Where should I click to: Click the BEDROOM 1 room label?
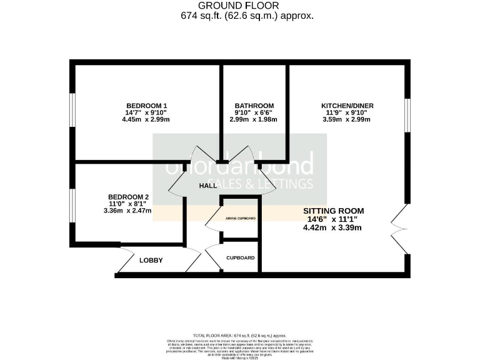pos(147,105)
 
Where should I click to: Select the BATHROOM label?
pos(254,105)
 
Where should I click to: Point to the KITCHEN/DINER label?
pos(347,106)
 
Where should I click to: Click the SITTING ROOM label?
pos(333,211)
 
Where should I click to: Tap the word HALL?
pos(208,186)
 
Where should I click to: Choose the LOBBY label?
pos(151,260)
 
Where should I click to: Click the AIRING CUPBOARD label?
pos(241,218)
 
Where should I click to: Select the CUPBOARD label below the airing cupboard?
pos(241,257)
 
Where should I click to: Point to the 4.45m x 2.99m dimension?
pos(147,119)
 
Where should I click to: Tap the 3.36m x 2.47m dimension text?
pos(129,211)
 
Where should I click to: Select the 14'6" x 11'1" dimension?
pos(333,219)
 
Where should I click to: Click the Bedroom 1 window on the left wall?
pos(72,111)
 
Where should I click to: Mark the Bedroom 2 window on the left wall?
pos(72,204)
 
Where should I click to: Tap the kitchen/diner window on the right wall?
pos(407,116)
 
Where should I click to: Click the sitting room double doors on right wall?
pos(400,226)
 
